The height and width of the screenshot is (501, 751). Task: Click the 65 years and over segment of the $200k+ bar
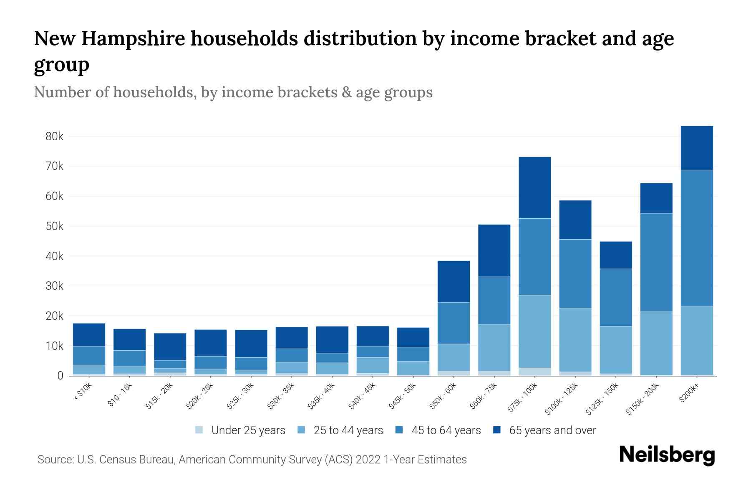coord(697,148)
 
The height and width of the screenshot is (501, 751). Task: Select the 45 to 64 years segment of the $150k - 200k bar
coord(656,263)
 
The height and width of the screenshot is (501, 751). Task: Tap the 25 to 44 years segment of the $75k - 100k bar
coord(534,331)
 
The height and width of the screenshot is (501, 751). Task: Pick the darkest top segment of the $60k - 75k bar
coord(494,250)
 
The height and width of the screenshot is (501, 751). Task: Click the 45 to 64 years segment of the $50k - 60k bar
coord(454,323)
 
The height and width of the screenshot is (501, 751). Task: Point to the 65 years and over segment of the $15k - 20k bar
coord(170,347)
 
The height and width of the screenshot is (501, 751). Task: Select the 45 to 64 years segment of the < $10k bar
coord(89,355)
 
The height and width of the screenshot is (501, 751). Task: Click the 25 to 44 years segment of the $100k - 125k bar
coord(575,340)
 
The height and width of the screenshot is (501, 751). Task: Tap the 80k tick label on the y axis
coord(54,137)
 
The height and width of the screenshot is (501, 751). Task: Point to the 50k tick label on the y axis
coord(54,226)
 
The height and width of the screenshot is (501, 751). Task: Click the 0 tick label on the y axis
coord(60,376)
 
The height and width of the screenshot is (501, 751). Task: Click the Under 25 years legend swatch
coord(199,430)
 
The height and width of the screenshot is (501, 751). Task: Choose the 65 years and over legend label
coord(552,430)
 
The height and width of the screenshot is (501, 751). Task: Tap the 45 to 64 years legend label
coord(446,430)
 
